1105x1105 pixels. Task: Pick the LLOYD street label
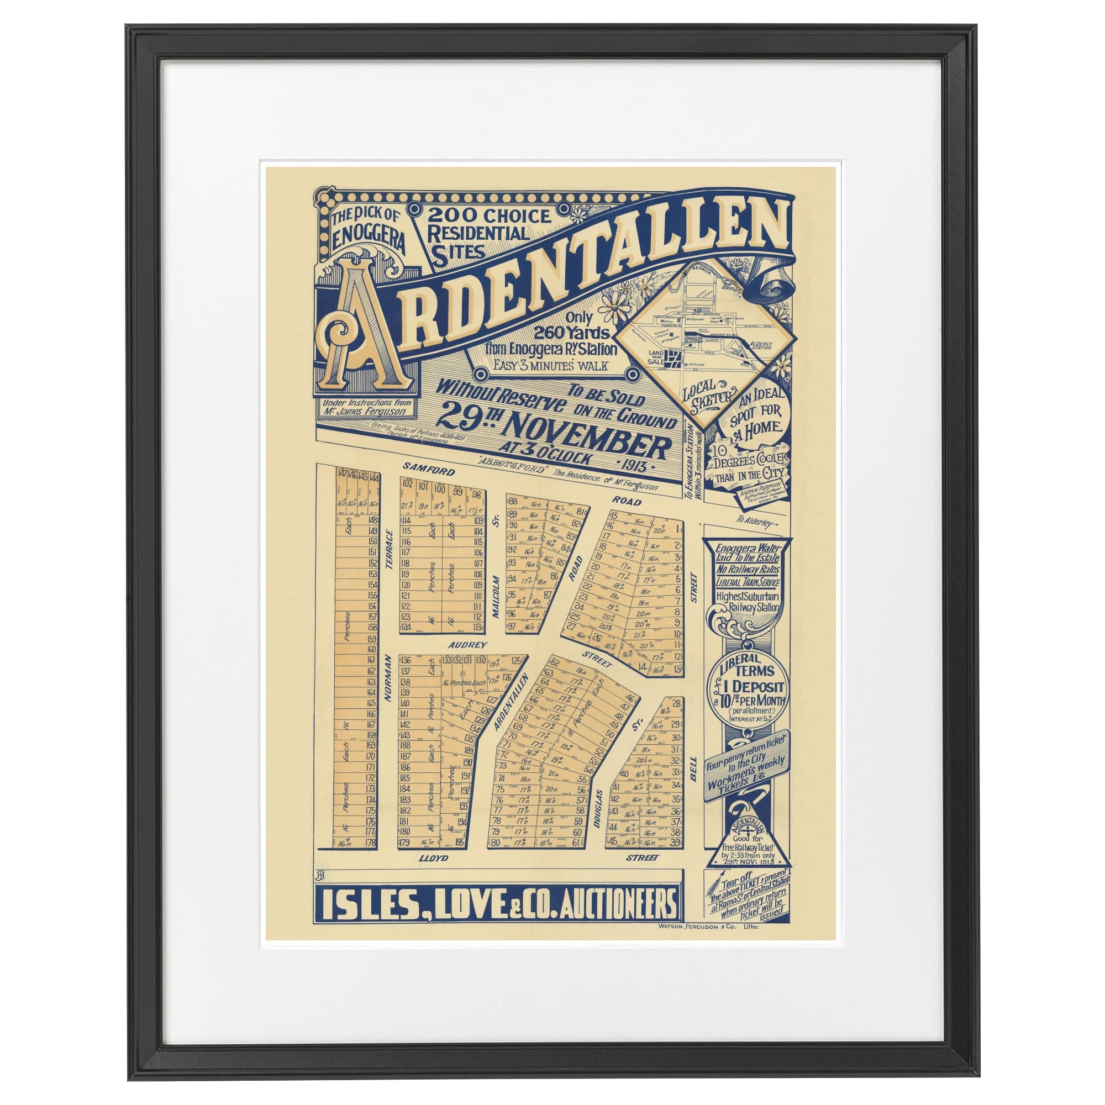click(433, 859)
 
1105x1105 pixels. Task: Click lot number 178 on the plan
click(370, 843)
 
